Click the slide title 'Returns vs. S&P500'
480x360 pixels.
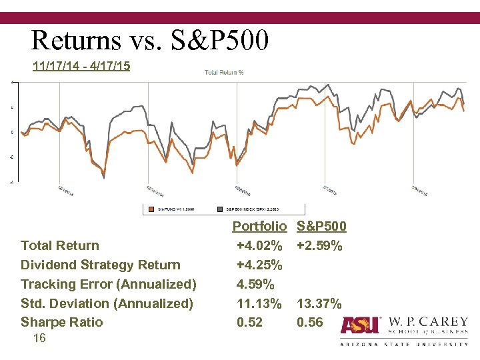(x=150, y=41)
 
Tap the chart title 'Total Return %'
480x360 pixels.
(x=223, y=73)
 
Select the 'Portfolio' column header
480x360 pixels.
(x=259, y=227)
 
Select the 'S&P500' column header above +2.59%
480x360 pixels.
(x=321, y=227)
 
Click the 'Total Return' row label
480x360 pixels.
(x=60, y=246)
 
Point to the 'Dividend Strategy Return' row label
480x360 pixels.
(x=101, y=265)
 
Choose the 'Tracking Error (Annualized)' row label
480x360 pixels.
(x=109, y=285)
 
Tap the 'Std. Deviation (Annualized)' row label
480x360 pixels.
(x=107, y=304)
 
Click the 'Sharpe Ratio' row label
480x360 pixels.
(x=62, y=323)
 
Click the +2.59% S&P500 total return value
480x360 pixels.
(x=319, y=246)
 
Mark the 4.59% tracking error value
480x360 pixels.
(x=255, y=285)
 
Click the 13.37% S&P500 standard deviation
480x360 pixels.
(x=319, y=304)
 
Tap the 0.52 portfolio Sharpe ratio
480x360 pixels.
(x=250, y=323)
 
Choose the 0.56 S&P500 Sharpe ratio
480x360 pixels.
(x=310, y=323)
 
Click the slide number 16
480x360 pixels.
(x=39, y=339)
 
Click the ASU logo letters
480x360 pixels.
(x=360, y=325)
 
